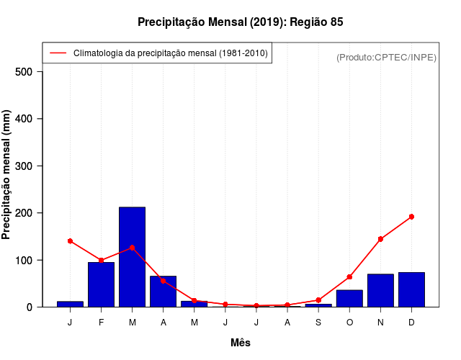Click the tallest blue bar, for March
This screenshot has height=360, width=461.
click(132, 257)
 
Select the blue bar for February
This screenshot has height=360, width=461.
click(101, 284)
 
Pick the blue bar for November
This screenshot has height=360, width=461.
click(380, 290)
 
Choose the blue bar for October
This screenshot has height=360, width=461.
click(349, 298)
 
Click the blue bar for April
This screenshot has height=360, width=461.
click(163, 292)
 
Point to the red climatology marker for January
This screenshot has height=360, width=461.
click(70, 240)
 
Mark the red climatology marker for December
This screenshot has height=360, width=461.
click(411, 217)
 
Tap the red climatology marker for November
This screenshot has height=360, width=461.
click(380, 239)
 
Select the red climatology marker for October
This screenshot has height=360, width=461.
click(349, 276)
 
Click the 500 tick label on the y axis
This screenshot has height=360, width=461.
click(24, 72)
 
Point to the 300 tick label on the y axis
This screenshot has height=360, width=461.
click(24, 166)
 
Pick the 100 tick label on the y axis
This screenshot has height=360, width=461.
click(24, 260)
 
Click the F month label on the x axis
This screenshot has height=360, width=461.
click(101, 323)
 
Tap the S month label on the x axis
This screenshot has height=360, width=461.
click(318, 323)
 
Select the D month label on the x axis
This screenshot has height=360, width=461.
click(411, 323)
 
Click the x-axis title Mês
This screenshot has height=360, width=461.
click(241, 343)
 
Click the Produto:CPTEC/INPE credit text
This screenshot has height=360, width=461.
click(386, 57)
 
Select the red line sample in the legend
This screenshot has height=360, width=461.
click(58, 53)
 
